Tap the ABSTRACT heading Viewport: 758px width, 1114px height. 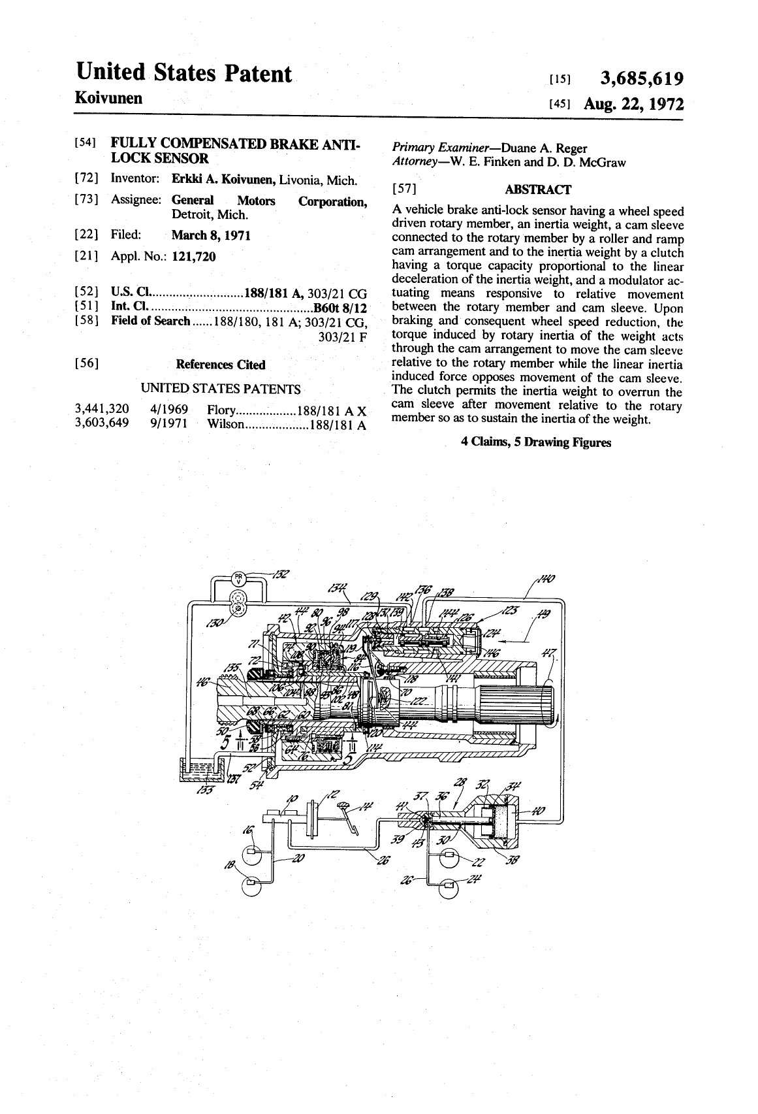(538, 189)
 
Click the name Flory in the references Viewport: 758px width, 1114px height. (220, 410)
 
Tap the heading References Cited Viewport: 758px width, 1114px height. (221, 365)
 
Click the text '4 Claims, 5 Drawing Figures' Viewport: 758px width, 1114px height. (535, 442)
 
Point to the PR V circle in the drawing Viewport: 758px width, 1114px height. (239, 578)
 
